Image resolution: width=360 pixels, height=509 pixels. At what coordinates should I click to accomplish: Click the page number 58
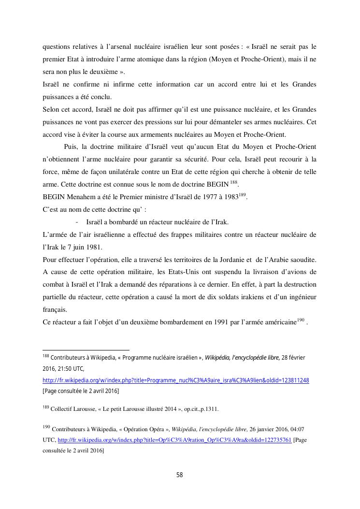tap(179, 475)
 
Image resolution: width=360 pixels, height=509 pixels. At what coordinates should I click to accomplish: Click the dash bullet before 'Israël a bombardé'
tap(77, 222)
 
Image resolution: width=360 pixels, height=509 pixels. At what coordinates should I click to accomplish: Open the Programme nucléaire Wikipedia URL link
tap(176, 380)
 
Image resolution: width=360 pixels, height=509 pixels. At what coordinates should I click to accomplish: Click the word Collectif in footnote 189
tap(63, 409)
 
